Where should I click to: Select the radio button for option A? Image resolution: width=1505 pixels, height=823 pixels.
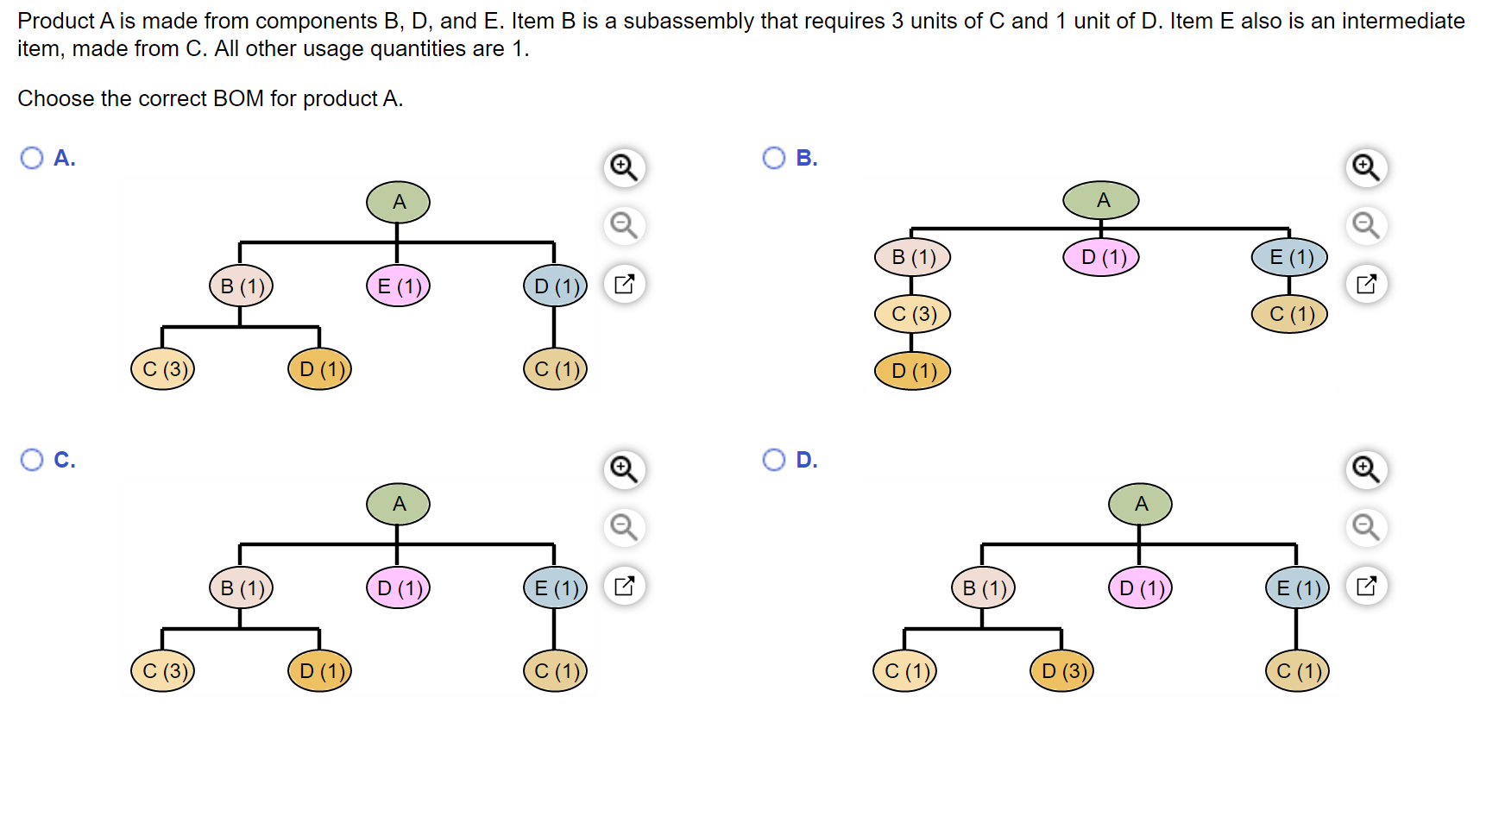point(32,158)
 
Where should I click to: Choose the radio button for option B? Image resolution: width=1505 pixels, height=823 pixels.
point(774,158)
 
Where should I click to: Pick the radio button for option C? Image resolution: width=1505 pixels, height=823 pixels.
point(32,460)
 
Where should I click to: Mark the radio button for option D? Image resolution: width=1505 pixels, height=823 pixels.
point(774,460)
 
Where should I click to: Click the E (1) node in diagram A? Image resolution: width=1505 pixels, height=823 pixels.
point(398,286)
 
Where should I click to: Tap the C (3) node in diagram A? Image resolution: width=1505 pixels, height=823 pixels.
point(163,369)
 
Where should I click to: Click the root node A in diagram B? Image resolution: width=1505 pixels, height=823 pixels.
point(1101,200)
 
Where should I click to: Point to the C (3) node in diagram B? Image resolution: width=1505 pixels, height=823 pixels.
point(912,314)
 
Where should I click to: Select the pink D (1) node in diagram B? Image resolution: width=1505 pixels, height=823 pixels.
point(1101,257)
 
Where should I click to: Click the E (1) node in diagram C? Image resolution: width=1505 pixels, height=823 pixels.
point(555,587)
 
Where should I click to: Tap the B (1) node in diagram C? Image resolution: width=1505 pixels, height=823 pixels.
point(241,587)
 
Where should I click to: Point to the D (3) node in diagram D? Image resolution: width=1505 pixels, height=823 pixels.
point(1061,671)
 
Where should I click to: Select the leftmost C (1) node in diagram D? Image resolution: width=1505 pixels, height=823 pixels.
point(904,671)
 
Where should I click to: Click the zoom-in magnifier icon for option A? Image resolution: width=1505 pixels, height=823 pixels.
point(624,166)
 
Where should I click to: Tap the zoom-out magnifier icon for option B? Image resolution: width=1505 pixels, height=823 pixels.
point(1366,225)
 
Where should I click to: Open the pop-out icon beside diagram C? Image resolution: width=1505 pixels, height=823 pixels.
point(624,587)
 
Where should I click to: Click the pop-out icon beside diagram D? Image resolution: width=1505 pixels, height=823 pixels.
point(1366,587)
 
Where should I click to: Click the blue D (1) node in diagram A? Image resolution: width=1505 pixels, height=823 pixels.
point(555,286)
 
